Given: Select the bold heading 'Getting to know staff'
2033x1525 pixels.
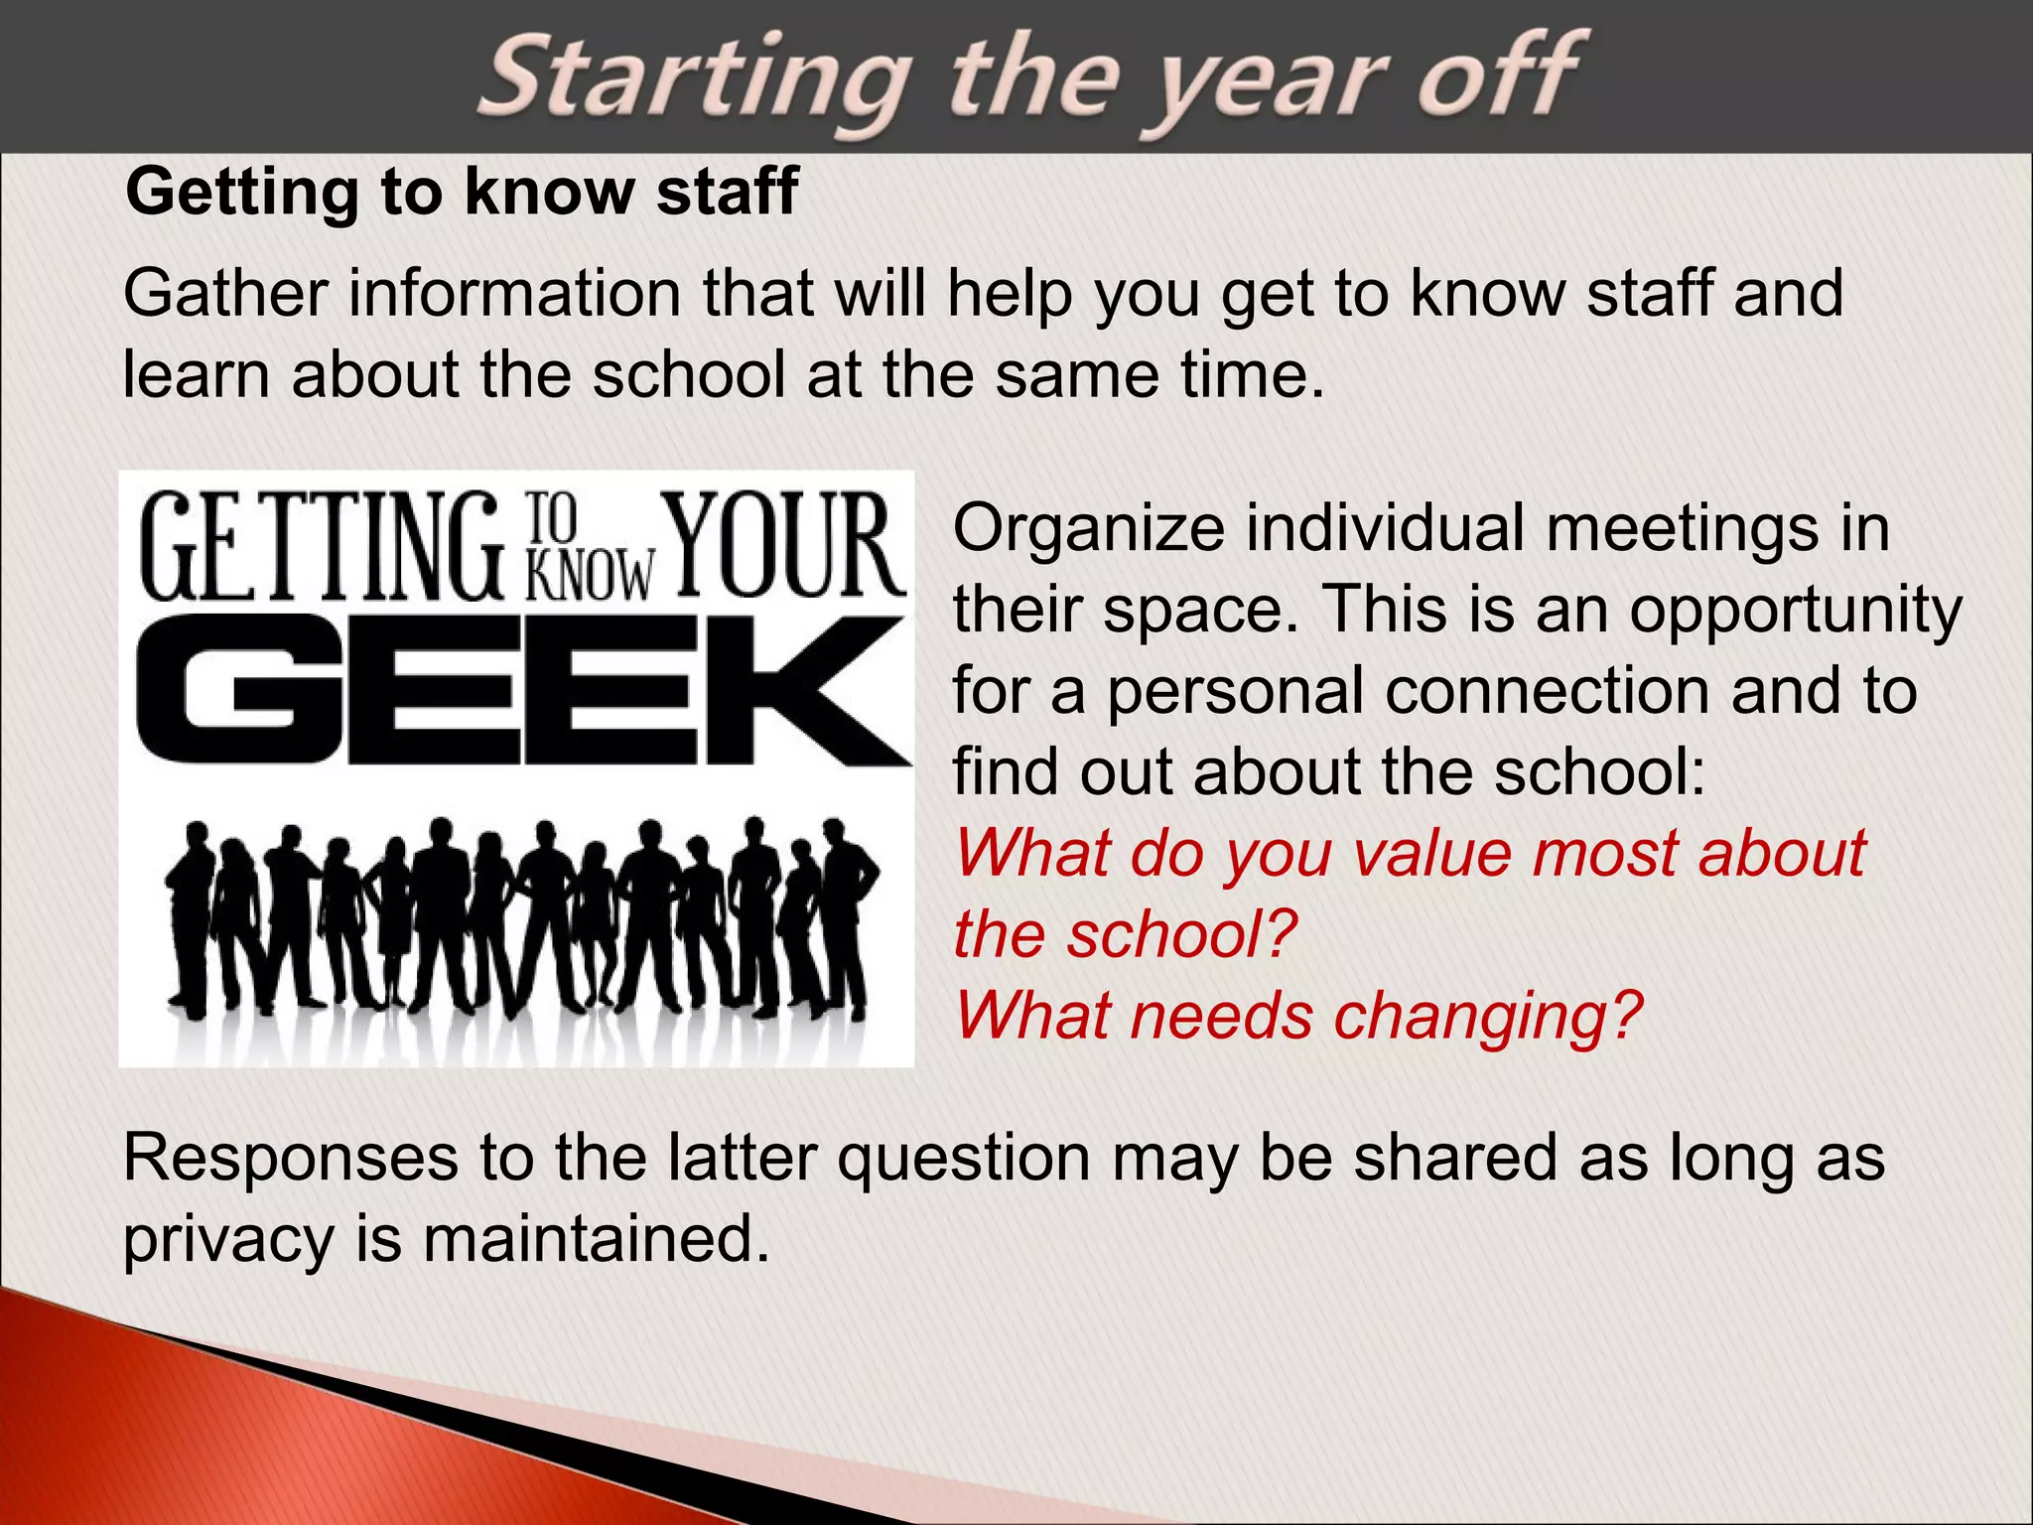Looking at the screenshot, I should click(462, 192).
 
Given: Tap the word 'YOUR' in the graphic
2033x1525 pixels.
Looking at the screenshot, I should click(785, 546).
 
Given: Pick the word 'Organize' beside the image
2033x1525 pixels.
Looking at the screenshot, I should click(1089, 528).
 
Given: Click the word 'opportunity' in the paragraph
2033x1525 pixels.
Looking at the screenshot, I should click(1795, 610).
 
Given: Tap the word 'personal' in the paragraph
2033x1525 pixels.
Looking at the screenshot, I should click(1235, 691).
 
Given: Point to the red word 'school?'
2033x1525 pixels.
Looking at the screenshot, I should click(1182, 935).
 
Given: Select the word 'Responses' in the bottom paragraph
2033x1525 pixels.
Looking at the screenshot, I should click(290, 1159).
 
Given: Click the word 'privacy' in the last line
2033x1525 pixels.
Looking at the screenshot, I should click(228, 1241).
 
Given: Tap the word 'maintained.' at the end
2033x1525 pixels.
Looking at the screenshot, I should click(597, 1239).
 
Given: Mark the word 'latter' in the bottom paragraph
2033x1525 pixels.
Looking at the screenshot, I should click(742, 1159).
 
